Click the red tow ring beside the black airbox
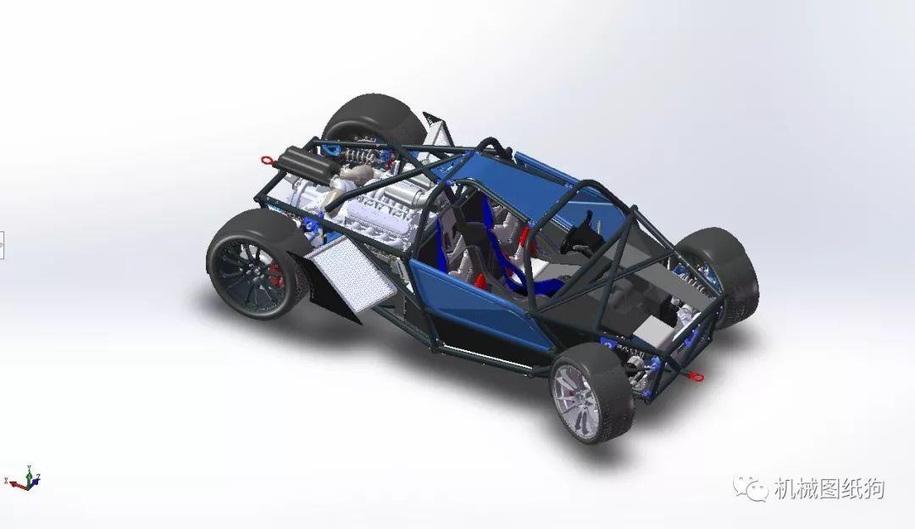pyautogui.click(x=267, y=159)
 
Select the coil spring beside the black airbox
pyautogui.click(x=355, y=156)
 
